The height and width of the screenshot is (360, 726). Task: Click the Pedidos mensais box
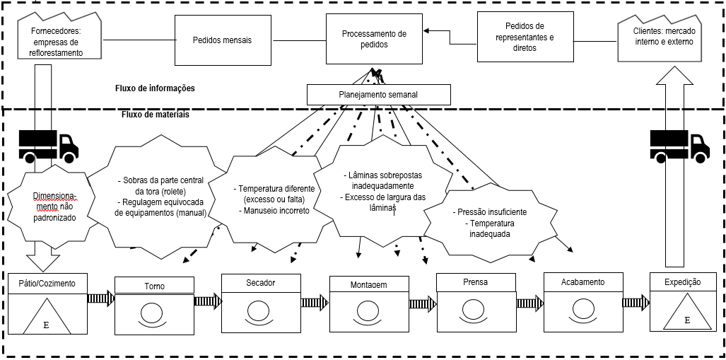point(222,40)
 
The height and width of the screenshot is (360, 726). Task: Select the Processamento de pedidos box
point(373,39)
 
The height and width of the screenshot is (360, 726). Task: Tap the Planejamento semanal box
point(379,95)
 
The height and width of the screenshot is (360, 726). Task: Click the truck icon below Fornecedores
point(49,145)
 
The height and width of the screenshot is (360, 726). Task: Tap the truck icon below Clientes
point(679,145)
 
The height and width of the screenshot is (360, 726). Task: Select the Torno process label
point(154,286)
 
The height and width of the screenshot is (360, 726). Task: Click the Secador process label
point(261,283)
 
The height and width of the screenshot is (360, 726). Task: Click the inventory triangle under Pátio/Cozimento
point(47,316)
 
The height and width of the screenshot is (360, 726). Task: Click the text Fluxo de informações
point(155,89)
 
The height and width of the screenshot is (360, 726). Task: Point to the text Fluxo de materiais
point(156,115)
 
